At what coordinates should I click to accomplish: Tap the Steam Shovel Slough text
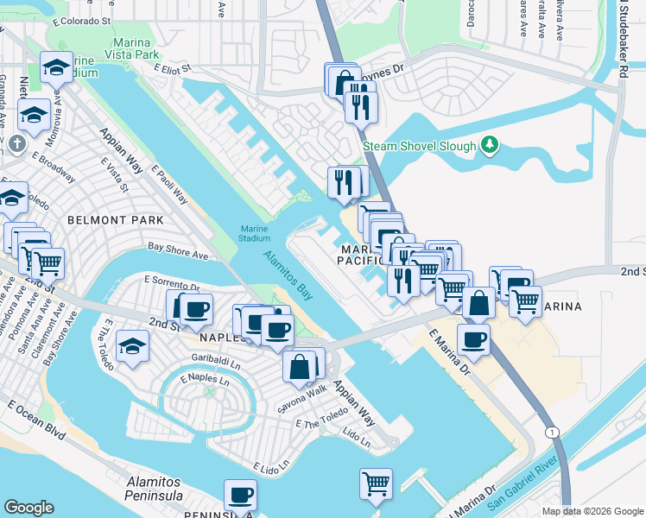click(x=419, y=147)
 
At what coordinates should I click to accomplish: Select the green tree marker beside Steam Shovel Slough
click(x=490, y=143)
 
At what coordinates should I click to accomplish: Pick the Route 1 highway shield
click(x=550, y=431)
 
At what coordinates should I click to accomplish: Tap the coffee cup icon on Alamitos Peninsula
click(x=240, y=496)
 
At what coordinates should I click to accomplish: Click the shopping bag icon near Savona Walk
click(x=299, y=366)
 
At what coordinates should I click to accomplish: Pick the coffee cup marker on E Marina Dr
click(x=473, y=339)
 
